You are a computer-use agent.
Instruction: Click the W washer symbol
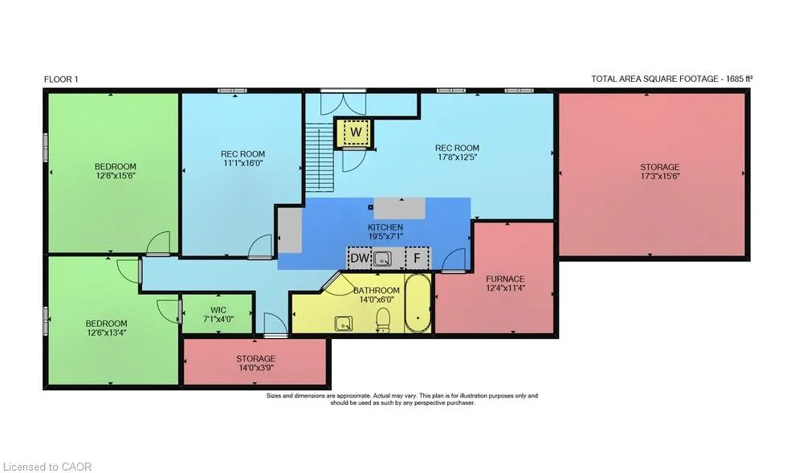(x=356, y=132)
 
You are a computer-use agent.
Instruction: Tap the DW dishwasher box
(x=360, y=258)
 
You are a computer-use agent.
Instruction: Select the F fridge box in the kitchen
(x=418, y=258)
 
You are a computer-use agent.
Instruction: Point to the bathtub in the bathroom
(x=418, y=304)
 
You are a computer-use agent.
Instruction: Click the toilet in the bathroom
(x=383, y=320)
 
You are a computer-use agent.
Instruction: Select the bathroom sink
(x=343, y=324)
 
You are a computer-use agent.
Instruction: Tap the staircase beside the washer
(x=320, y=157)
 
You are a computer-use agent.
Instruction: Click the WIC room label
(x=218, y=310)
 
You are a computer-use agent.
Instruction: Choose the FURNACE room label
(x=505, y=279)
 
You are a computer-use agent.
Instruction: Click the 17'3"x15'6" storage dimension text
(x=659, y=176)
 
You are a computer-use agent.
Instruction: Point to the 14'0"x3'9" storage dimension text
(x=255, y=368)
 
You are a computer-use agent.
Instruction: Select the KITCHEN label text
(x=385, y=227)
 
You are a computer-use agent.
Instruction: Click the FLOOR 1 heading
(x=61, y=80)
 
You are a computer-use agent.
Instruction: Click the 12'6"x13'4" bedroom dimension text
(x=106, y=332)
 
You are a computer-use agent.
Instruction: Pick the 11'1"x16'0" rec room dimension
(x=243, y=163)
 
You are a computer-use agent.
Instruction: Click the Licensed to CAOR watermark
(x=47, y=467)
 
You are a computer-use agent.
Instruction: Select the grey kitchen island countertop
(x=399, y=208)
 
